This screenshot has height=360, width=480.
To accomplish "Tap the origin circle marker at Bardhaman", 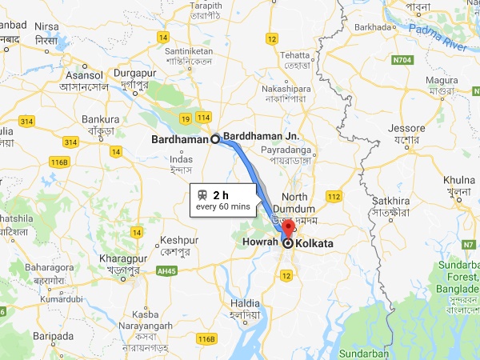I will click(215, 138).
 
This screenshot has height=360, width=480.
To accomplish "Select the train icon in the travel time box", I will click(203, 194).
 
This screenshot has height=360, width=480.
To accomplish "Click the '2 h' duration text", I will click(221, 194).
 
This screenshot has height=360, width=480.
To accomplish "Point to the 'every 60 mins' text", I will click(223, 207).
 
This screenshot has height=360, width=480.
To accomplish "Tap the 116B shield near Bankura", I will click(58, 162).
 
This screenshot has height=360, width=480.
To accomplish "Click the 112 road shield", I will click(334, 196).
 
